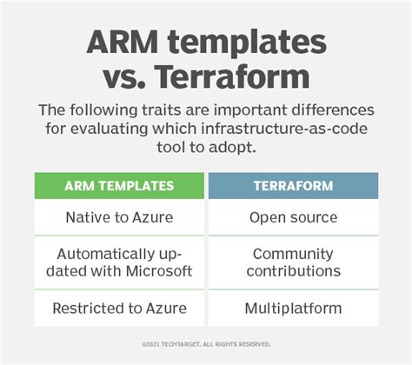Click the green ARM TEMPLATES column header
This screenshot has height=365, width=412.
(119, 186)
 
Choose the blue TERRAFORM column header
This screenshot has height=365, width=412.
(293, 186)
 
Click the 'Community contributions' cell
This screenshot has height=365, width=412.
(293, 263)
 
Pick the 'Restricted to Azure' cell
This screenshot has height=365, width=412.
(119, 308)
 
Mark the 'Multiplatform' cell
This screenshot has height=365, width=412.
(293, 308)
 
